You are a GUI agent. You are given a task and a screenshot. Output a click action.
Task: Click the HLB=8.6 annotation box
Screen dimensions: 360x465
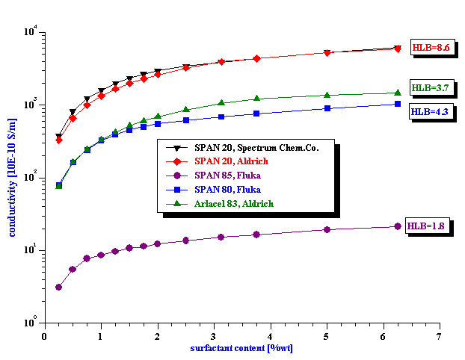click(x=430, y=47)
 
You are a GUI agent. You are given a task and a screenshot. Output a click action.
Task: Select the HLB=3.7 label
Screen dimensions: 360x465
click(x=429, y=88)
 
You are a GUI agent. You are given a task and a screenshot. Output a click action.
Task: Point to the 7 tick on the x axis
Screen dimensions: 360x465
click(x=439, y=336)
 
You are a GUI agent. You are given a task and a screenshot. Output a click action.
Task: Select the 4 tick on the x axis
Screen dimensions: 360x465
click(x=270, y=336)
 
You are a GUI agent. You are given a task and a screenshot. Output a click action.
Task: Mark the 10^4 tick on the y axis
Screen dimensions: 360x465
click(x=30, y=32)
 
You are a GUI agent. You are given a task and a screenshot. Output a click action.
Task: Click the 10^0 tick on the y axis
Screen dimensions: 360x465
click(x=30, y=323)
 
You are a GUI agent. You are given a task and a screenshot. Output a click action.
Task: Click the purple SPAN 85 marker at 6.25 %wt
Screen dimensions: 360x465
click(x=398, y=226)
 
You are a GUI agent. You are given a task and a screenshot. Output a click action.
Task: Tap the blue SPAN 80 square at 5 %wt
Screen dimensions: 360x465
click(x=327, y=108)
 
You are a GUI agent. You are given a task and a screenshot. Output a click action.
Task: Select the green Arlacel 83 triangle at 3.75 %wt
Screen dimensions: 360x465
click(x=256, y=99)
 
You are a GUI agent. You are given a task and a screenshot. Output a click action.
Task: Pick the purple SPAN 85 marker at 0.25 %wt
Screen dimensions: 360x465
click(x=59, y=287)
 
